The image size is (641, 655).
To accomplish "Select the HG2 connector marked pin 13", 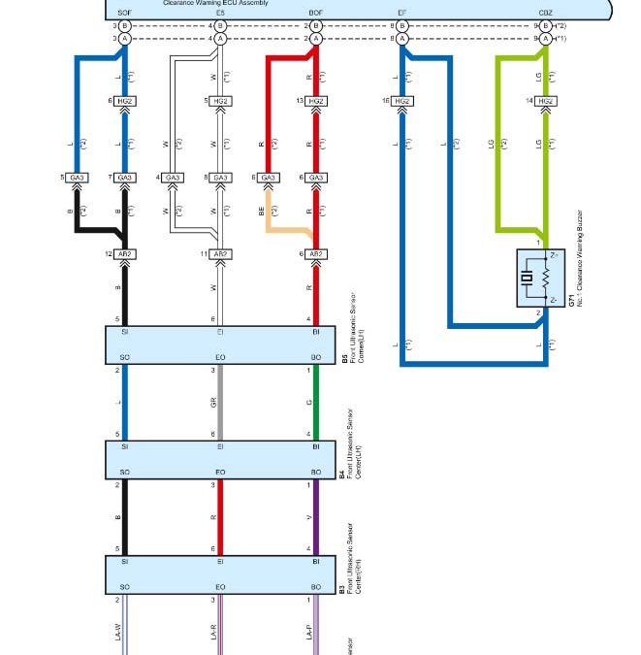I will click(x=316, y=101).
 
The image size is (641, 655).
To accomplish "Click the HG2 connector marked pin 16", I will click(x=402, y=101).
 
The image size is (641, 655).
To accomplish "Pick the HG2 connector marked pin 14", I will click(x=546, y=101).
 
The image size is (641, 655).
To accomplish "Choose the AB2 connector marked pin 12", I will click(x=125, y=254).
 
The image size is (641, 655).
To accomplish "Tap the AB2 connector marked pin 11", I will click(x=220, y=254).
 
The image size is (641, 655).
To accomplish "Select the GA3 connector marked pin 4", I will click(x=173, y=178).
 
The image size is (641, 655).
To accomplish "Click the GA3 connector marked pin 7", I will click(x=125, y=178).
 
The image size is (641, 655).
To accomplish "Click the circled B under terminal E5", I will click(x=220, y=25).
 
